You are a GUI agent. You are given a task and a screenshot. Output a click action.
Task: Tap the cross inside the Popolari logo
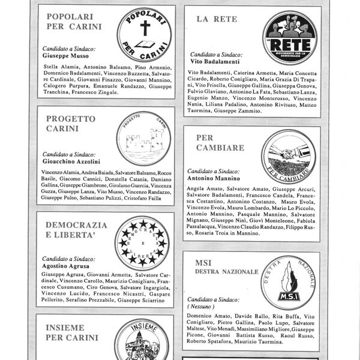click(144, 29)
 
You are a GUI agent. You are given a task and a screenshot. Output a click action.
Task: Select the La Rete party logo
click(290, 38)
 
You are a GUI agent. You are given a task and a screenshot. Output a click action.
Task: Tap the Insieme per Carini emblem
click(141, 341)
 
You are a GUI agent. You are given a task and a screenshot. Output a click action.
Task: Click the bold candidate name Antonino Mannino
click(213, 178)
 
